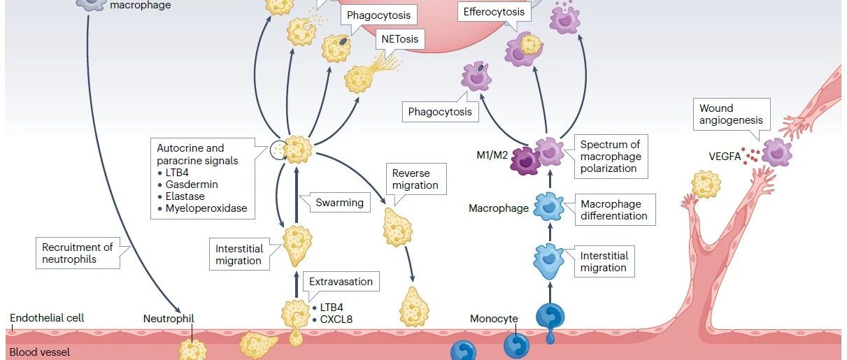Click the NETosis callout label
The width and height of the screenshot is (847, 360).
click(x=400, y=39)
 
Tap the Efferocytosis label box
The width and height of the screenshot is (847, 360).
click(x=494, y=12)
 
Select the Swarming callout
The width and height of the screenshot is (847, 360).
click(x=339, y=203)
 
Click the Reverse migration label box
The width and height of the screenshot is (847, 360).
click(x=416, y=179)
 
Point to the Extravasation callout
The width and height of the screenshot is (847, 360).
click(x=341, y=282)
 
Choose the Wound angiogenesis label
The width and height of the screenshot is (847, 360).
click(x=732, y=114)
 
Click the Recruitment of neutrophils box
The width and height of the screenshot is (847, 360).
click(x=78, y=253)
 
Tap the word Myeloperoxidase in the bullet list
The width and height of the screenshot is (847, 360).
click(x=206, y=208)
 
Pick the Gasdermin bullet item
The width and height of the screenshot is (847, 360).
click(x=188, y=185)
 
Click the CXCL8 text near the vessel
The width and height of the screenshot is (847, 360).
click(x=336, y=319)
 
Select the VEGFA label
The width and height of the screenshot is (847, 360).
click(x=725, y=157)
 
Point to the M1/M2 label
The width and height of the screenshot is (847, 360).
click(x=492, y=155)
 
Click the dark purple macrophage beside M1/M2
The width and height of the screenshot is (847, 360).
click(x=525, y=161)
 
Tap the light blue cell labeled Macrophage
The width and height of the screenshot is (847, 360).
click(x=548, y=207)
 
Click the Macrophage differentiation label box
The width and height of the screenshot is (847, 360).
click(x=615, y=210)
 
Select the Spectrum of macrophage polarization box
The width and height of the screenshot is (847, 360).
click(x=611, y=157)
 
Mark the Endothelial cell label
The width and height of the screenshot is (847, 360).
click(x=47, y=318)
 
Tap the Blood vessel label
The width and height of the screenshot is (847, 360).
click(x=40, y=352)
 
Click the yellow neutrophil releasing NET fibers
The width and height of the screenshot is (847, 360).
click(x=359, y=79)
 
